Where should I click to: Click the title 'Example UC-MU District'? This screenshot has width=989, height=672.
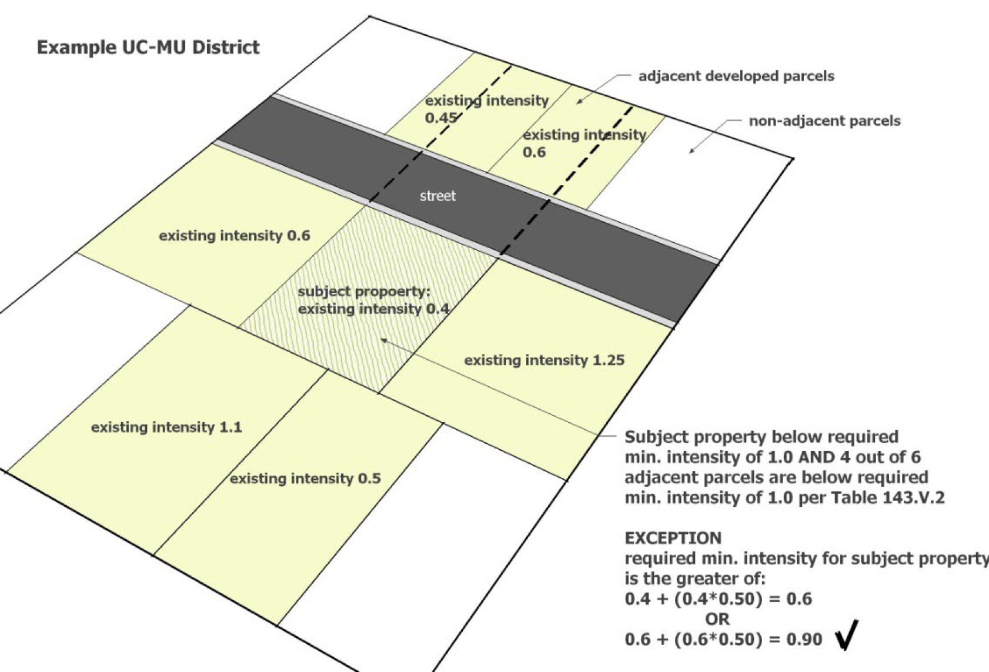pyautogui.click(x=148, y=48)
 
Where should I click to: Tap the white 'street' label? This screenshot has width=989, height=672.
pyautogui.click(x=437, y=196)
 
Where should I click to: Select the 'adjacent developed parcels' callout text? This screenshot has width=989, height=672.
pyautogui.click(x=736, y=76)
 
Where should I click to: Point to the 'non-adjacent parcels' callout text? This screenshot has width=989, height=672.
pyautogui.click(x=824, y=121)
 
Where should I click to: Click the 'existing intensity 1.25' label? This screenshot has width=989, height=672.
pyautogui.click(x=544, y=360)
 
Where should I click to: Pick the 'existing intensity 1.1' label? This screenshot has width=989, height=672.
pyautogui.click(x=166, y=427)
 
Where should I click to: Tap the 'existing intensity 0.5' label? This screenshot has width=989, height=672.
pyautogui.click(x=305, y=479)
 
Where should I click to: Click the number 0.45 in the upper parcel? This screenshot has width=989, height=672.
pyautogui.click(x=440, y=118)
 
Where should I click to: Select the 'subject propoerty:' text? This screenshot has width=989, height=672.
pyautogui.click(x=364, y=292)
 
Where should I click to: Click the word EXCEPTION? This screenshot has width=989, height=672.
pyautogui.click(x=673, y=538)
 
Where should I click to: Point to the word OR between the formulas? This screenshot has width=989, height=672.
pyautogui.click(x=717, y=618)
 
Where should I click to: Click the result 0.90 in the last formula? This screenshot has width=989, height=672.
pyautogui.click(x=804, y=639)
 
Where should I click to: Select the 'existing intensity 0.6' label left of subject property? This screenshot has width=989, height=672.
pyautogui.click(x=234, y=236)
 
